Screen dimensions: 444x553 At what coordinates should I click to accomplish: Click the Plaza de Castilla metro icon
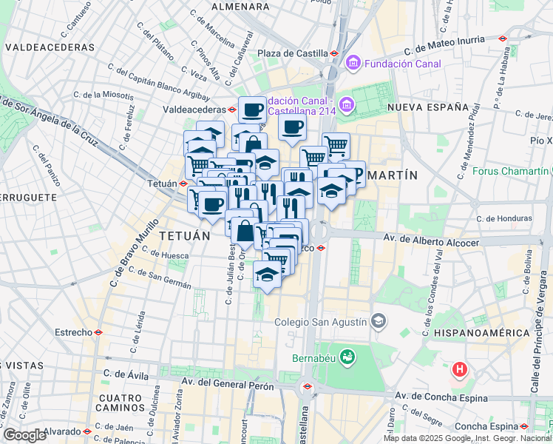pos(334,53)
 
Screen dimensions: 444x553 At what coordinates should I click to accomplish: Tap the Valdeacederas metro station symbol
pos(232,109)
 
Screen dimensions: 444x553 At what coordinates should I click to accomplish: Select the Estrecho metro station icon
pos(98,333)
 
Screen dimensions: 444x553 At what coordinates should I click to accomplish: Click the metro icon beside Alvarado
pos(87,431)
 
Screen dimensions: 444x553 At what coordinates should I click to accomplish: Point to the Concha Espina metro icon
pos(524,426)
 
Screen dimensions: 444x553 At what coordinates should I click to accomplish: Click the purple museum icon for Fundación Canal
pos(352,64)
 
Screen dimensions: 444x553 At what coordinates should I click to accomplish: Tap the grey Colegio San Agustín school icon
pos(379,322)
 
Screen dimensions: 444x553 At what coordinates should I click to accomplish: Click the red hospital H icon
pos(460,368)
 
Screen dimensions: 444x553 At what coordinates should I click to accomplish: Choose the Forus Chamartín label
pos(511,173)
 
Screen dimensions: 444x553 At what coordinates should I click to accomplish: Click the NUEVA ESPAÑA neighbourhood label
pos(430,107)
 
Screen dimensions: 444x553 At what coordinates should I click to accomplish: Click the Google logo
pos(24,435)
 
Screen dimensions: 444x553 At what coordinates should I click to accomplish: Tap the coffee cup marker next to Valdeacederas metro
pos(251,110)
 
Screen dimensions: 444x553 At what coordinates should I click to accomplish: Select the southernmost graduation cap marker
pos(267,275)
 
